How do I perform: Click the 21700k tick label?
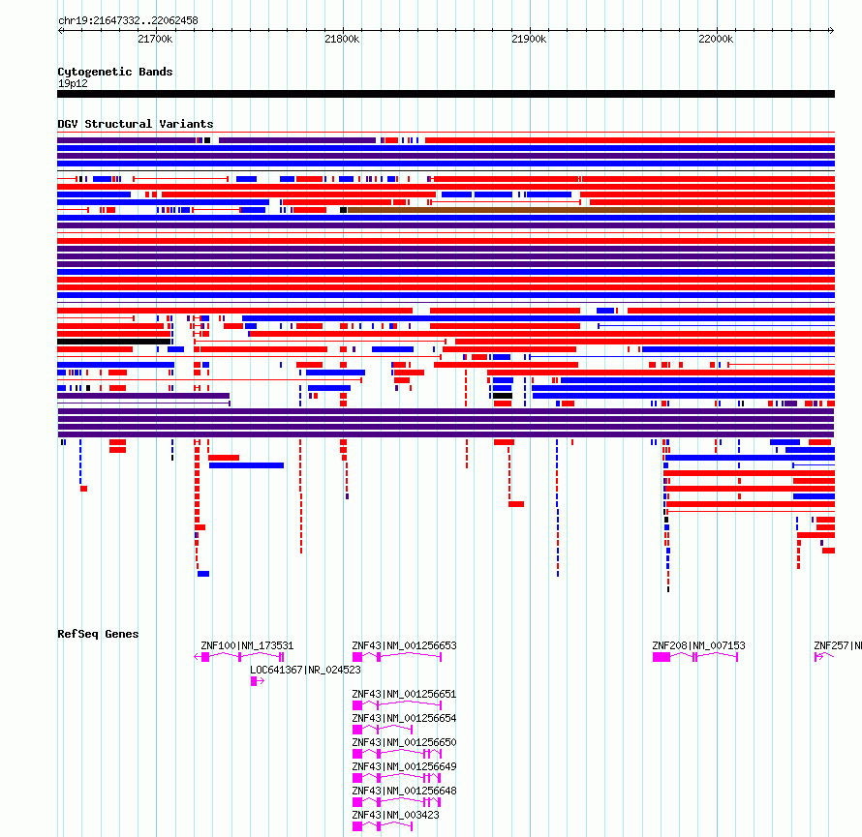point(155,39)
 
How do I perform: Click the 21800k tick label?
point(342,39)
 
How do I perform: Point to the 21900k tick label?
point(529,39)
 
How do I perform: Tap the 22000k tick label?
point(716,39)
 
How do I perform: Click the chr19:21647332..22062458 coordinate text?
point(128,21)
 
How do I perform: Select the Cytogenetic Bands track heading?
point(115,72)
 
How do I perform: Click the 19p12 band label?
point(73,83)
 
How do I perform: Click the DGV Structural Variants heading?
point(136,124)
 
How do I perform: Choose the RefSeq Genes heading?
point(98,634)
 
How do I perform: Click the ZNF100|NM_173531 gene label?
point(247,645)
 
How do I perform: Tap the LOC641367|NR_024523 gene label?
point(305,670)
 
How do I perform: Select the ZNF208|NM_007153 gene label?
point(698,645)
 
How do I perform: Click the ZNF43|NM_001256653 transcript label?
point(404,645)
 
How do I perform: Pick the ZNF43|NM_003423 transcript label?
point(395,815)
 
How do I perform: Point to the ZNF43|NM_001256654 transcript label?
point(404,718)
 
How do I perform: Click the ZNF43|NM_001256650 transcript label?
point(404,742)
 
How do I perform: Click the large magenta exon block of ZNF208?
point(662,657)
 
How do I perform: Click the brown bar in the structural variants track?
point(591,210)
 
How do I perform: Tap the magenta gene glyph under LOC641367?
point(258,681)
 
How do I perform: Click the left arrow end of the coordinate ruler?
point(59,30)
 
